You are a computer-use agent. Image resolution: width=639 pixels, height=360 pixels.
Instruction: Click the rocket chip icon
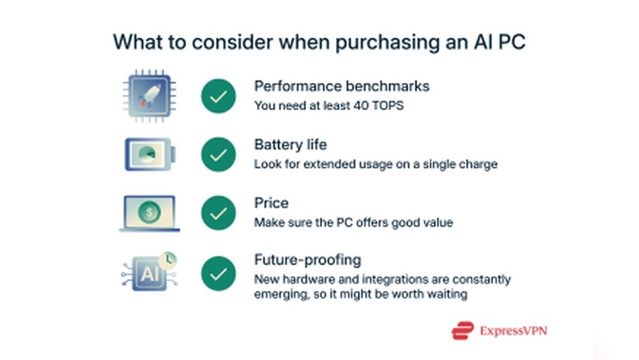150,96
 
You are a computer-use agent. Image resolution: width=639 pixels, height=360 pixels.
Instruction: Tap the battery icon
150,154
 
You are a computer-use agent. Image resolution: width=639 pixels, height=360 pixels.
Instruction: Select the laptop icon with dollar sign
149,213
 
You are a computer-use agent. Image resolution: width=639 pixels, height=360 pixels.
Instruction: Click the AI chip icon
150,272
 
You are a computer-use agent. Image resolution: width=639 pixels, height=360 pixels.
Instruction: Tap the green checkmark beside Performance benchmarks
219,96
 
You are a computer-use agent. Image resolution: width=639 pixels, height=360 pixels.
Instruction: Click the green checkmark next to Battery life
219,155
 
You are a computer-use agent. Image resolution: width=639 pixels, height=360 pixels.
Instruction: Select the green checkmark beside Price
219,213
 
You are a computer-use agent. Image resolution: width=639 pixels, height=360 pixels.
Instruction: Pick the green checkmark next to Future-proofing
219,274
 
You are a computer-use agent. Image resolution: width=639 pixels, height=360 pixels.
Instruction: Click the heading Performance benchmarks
341,86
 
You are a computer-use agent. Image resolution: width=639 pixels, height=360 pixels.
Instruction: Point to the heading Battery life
291,145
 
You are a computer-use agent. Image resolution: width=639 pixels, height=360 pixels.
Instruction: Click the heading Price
272,203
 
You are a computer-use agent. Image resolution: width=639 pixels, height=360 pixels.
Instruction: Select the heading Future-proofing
308,260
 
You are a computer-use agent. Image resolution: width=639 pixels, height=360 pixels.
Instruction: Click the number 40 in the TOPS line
360,106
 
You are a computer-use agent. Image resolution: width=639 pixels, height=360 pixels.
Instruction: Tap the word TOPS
388,106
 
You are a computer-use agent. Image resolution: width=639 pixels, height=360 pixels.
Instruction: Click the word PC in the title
512,42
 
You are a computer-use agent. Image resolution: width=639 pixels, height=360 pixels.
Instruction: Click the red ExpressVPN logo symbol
463,330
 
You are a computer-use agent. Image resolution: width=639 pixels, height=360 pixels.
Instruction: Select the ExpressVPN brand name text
514,331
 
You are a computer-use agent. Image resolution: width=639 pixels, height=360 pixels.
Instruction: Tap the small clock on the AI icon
168,260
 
